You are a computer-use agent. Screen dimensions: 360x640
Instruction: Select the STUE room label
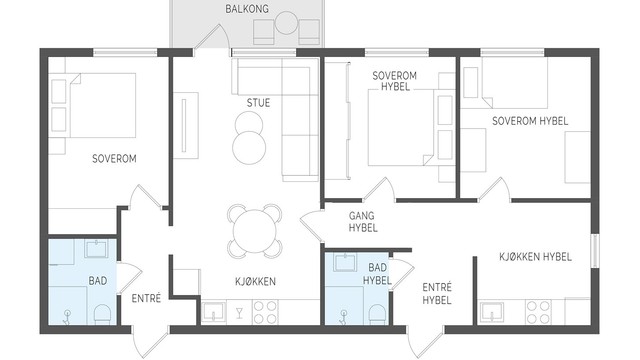258,102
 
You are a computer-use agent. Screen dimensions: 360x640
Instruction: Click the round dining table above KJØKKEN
256,229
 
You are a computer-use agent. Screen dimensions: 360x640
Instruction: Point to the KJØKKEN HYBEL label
535,257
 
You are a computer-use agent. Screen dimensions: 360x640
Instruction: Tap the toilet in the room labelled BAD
100,315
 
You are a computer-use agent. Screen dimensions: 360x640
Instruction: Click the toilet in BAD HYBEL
376,315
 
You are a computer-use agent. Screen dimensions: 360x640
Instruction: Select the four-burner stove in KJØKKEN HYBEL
538,312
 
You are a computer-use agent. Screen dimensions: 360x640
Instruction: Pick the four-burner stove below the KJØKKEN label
265,313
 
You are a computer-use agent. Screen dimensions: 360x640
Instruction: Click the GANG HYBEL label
362,222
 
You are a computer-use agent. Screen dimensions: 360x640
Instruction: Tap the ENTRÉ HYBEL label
436,293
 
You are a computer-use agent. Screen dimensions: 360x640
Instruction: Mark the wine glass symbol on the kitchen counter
239,314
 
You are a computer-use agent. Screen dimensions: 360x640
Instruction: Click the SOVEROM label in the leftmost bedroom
113,158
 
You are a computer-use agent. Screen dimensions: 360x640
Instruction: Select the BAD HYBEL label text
377,274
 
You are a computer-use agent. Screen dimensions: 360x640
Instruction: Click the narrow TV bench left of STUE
187,124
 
